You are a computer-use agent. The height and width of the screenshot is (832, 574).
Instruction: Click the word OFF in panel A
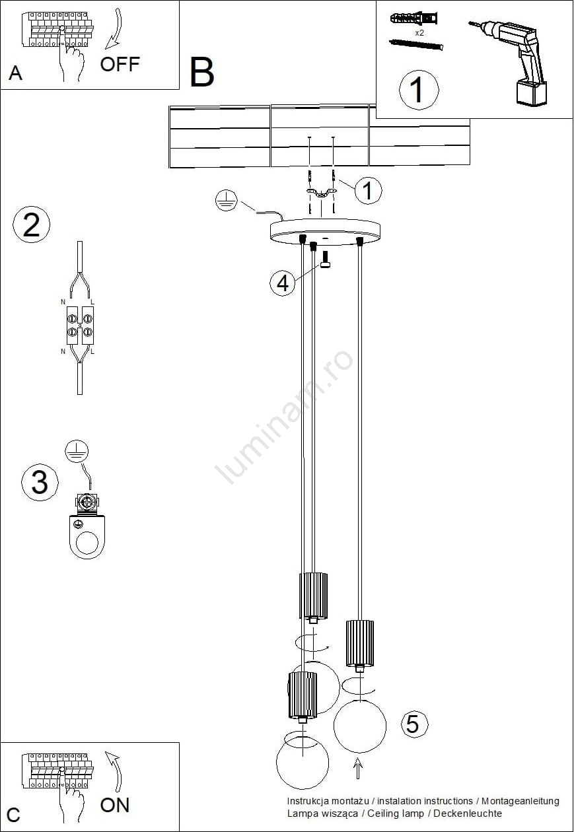tap(120, 64)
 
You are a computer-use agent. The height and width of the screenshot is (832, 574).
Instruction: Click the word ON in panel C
tap(114, 805)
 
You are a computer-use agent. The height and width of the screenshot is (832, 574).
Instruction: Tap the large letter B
tap(202, 72)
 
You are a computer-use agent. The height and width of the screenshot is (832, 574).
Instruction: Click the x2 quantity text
tap(419, 33)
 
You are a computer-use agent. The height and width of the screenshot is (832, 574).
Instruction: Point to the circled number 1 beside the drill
tap(419, 90)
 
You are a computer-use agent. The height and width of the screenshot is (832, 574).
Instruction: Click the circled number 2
tap(31, 225)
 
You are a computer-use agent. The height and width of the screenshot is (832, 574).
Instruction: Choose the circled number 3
tap(40, 482)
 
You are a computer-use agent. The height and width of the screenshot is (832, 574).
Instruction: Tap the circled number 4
tap(282, 283)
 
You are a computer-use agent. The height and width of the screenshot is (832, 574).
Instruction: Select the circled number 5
tap(414, 724)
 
